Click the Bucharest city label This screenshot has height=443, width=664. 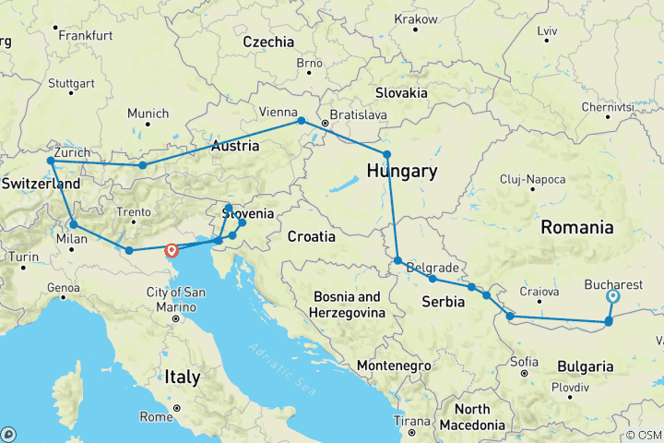pyautogui.click(x=612, y=284)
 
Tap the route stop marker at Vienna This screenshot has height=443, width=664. pyautogui.click(x=301, y=121)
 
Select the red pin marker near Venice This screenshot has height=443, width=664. pyautogui.click(x=171, y=249)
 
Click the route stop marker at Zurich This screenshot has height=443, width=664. pyautogui.click(x=52, y=162)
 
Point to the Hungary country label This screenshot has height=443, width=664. pyautogui.click(x=401, y=172)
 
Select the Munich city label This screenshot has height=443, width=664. pyautogui.click(x=148, y=114)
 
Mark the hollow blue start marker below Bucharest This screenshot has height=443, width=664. pyautogui.click(x=612, y=297)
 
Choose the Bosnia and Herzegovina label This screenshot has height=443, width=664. pyautogui.click(x=355, y=305)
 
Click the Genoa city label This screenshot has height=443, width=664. pyautogui.click(x=64, y=288)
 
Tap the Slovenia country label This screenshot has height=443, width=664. pyautogui.click(x=248, y=214)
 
